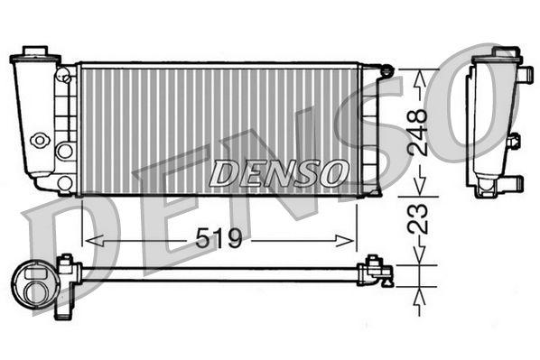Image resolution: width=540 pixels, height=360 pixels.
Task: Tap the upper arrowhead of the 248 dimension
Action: pos(416,77)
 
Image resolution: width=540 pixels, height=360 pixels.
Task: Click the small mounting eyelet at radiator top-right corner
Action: pos(386,69)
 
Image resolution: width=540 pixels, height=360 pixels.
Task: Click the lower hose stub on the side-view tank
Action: pos(510,183)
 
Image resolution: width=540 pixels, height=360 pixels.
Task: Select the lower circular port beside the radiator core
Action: pos(64,182)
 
